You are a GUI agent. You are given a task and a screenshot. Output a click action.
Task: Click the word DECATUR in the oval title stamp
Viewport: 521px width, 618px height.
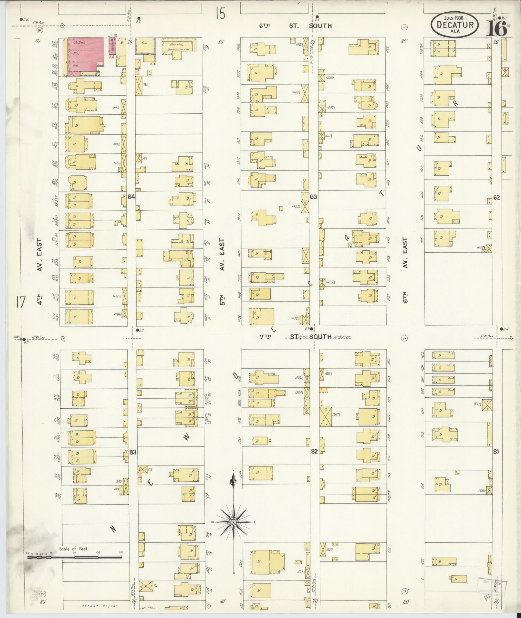click(x=455, y=25)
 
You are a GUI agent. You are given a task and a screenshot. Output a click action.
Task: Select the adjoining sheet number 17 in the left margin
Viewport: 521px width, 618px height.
click(x=20, y=303)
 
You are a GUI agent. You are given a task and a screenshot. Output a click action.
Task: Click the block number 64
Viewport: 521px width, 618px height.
click(x=131, y=196)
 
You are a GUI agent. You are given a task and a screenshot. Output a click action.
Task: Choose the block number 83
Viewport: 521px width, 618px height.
click(x=132, y=452)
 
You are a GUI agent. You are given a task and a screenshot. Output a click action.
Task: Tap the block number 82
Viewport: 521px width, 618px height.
click(x=314, y=451)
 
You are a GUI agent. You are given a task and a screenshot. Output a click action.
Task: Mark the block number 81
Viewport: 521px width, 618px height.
click(x=496, y=451)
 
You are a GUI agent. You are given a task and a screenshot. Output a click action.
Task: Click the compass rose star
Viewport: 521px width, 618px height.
click(x=233, y=522)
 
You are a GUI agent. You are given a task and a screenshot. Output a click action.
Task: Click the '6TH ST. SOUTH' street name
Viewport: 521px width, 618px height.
click(x=296, y=26)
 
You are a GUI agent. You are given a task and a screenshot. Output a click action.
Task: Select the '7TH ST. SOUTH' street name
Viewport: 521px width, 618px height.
click(x=296, y=337)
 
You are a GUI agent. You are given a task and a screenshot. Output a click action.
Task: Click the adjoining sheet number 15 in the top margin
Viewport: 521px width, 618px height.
click(x=220, y=14)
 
